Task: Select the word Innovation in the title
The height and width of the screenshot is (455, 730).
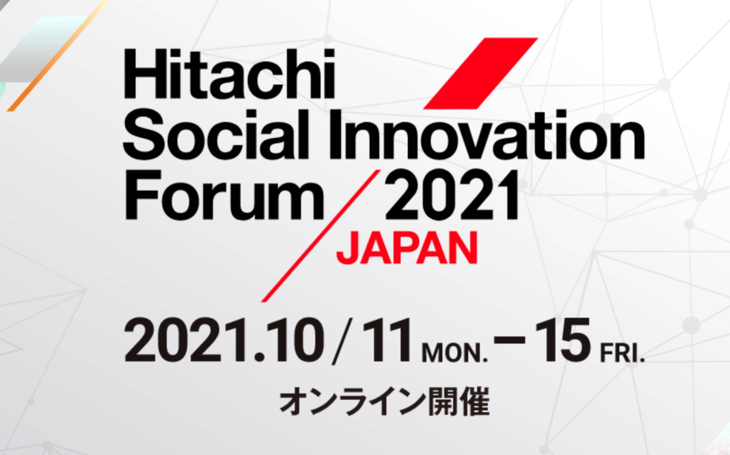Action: click(487, 137)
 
